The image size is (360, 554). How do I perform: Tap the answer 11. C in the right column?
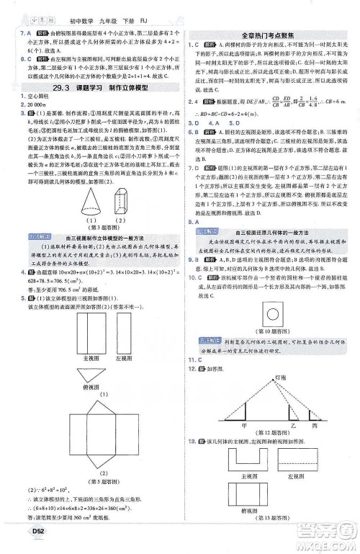[x=194, y=359]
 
